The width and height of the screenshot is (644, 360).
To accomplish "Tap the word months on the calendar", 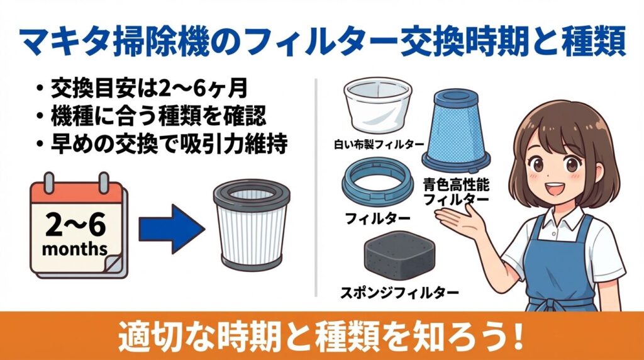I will (x=75, y=249).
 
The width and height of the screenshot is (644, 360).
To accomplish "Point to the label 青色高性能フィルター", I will (x=457, y=192).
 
